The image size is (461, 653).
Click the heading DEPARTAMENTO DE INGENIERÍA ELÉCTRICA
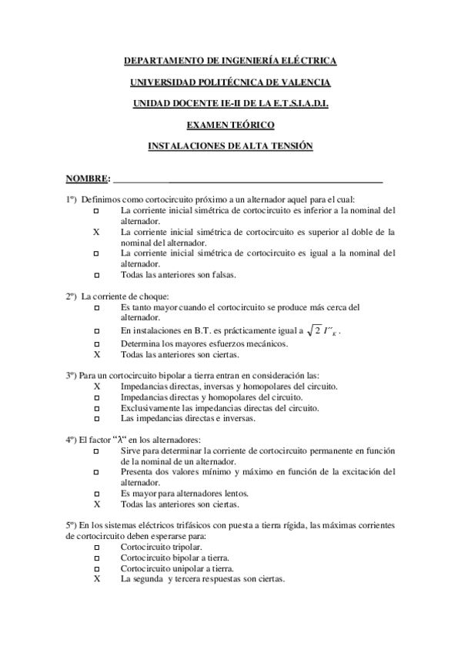pyautogui.click(x=230, y=60)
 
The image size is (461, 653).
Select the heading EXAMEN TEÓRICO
pyautogui.click(x=230, y=124)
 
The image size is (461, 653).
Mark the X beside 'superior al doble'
pyautogui.click(x=96, y=231)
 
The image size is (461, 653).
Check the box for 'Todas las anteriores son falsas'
pyautogui.click(x=96, y=274)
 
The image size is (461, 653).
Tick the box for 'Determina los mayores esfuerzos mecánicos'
pyautogui.click(x=96, y=343)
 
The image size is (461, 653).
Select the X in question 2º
pyautogui.click(x=96, y=355)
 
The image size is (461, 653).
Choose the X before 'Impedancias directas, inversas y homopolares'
pyautogui.click(x=96, y=386)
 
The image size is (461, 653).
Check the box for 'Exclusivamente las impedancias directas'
pyautogui.click(x=96, y=408)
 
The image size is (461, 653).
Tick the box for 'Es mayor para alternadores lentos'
pyautogui.click(x=96, y=494)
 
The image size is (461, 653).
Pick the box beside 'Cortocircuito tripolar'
pyautogui.click(x=96, y=547)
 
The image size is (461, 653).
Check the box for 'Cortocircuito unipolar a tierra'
pyautogui.click(x=96, y=568)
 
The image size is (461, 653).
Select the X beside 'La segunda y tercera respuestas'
pyautogui.click(x=96, y=579)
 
